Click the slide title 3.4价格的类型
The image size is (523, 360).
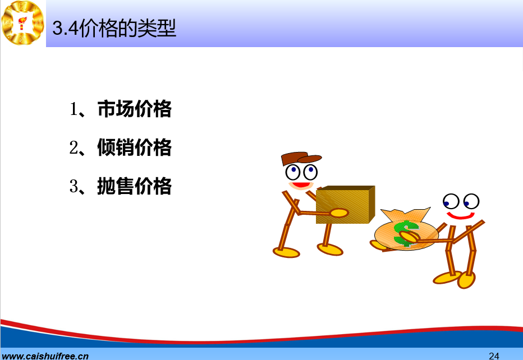coord(114,28)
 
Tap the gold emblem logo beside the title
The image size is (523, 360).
coord(22,22)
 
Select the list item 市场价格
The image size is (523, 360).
coord(135,109)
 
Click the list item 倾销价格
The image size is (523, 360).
coord(135,147)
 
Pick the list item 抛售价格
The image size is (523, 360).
coord(135,186)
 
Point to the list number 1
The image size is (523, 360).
coord(74,109)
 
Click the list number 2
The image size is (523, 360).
coord(74,147)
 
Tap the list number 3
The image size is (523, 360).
coord(74,186)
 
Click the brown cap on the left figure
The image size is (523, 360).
coord(300,158)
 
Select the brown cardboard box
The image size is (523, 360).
coord(346,204)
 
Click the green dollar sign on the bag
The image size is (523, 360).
coord(406,233)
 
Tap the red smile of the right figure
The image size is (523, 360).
coord(460,216)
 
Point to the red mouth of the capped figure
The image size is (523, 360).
coord(301,184)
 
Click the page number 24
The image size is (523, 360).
coord(494,356)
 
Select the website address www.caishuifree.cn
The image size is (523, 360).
coord(45,356)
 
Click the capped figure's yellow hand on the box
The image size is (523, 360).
coord(339,213)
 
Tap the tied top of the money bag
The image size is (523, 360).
coord(406,214)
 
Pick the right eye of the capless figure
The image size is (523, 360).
coord(471,201)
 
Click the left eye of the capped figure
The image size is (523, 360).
coord(293,172)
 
